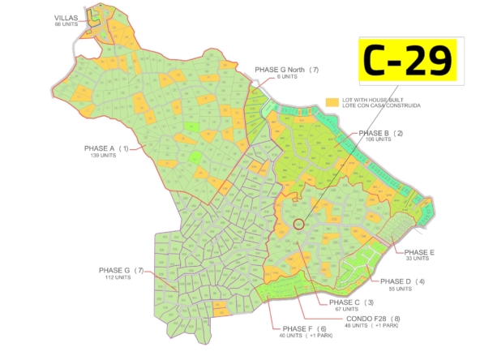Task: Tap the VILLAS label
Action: coord(66,18)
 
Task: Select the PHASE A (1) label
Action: coord(107,149)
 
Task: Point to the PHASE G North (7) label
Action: coord(287,71)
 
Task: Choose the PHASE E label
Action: coord(419,252)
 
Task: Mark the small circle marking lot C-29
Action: coord(298,224)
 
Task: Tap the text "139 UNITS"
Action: coord(104,156)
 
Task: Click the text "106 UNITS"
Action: coord(378,139)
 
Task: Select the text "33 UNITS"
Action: coord(417,259)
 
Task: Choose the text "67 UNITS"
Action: coord(345,309)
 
